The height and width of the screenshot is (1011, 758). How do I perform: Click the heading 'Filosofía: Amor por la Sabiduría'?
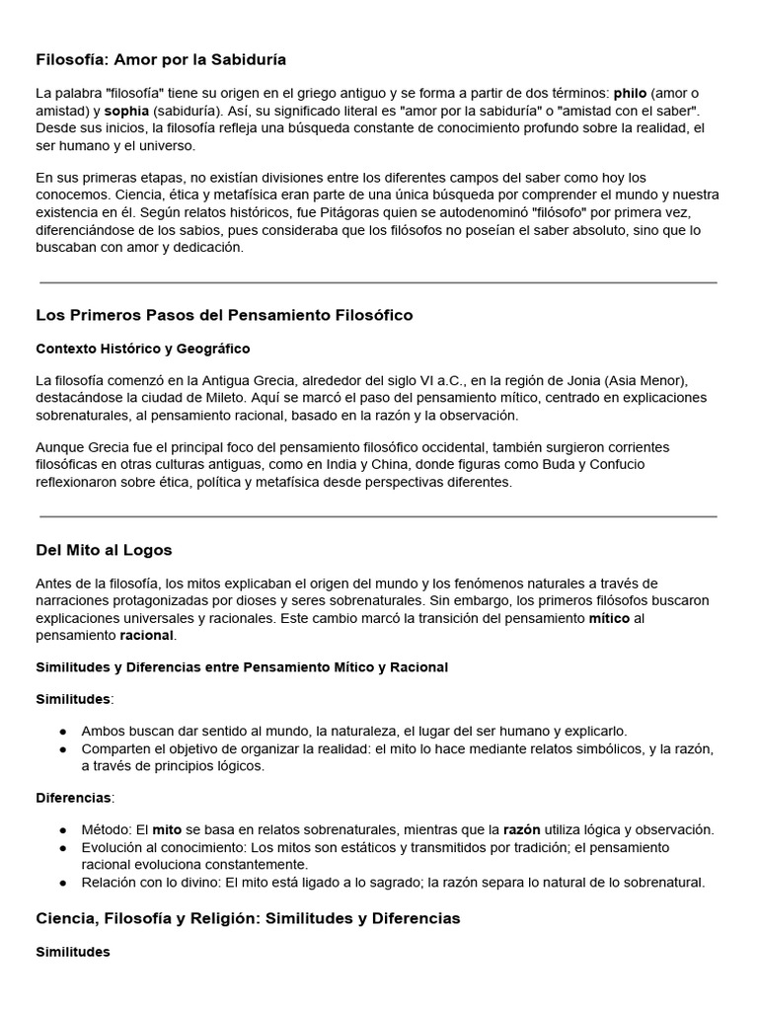(x=161, y=59)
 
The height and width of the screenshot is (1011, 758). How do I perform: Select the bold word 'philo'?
(x=630, y=94)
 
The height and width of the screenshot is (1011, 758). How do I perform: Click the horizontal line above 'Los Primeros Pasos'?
(x=378, y=282)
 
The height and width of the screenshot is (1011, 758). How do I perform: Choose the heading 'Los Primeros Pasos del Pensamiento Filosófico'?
(x=224, y=315)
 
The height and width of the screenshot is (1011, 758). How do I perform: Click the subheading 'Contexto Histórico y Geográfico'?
(x=142, y=349)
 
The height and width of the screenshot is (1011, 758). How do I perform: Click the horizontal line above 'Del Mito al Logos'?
(x=378, y=516)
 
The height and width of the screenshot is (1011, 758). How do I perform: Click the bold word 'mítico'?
(x=609, y=618)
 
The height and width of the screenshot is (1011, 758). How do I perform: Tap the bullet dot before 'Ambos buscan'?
(x=63, y=732)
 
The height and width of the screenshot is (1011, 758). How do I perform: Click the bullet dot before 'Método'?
(x=63, y=830)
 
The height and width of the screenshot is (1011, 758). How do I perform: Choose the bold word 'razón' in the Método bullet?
(x=522, y=830)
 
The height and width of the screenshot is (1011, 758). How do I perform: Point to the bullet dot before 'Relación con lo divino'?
(x=63, y=883)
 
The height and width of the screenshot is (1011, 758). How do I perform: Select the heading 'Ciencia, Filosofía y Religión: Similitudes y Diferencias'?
(x=248, y=918)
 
